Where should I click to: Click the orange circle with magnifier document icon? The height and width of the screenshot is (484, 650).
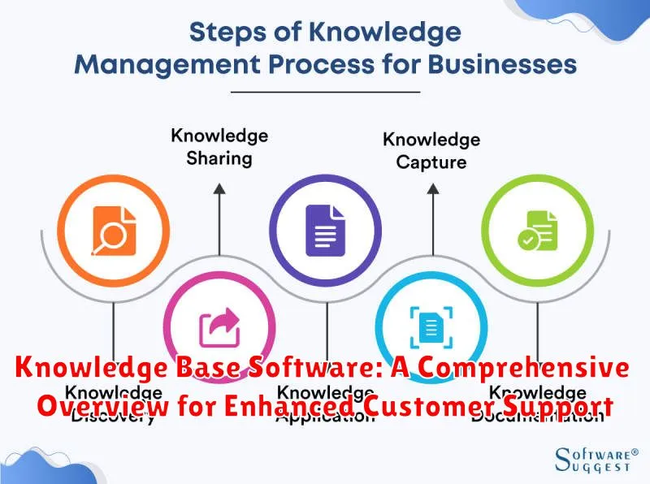[x=114, y=223]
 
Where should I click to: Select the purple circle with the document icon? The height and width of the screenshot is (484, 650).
[x=325, y=223]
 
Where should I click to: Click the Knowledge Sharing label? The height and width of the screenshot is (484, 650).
[x=219, y=146]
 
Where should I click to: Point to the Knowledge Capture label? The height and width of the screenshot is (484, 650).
[x=431, y=150]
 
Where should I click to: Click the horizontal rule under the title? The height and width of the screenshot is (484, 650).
[x=325, y=92]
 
